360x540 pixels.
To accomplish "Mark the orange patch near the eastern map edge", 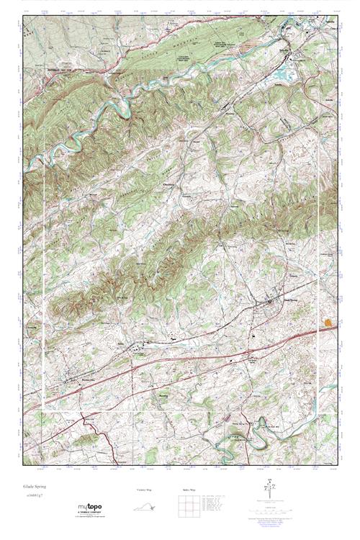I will tap(330, 322).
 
